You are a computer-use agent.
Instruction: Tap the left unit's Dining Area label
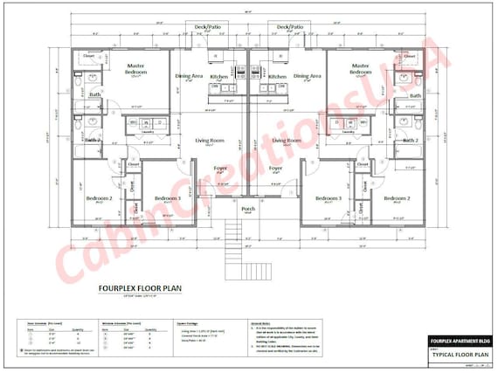tap(190, 76)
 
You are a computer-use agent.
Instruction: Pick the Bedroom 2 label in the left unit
tap(99, 198)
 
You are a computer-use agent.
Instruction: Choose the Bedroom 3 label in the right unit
tap(328, 198)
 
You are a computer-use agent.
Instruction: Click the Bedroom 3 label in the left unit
tap(168, 198)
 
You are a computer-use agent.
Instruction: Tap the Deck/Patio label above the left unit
tap(207, 27)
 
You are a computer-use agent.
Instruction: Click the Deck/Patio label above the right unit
tap(290, 27)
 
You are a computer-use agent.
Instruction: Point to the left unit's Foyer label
tap(222, 168)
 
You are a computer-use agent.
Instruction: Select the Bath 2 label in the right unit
tap(410, 140)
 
